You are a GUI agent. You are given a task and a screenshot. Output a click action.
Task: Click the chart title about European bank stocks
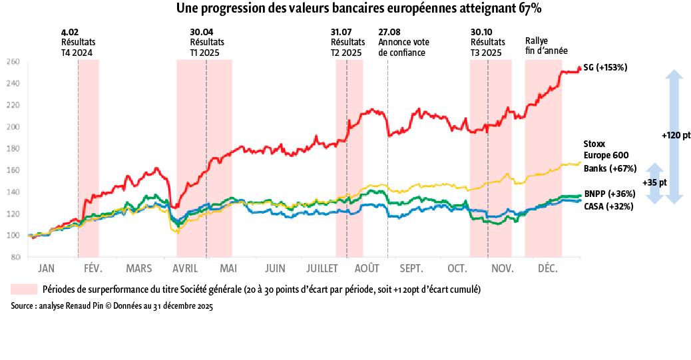point(358,9)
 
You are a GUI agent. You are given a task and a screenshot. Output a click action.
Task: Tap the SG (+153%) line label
point(605,68)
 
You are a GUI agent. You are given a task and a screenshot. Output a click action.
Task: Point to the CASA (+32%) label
point(608,207)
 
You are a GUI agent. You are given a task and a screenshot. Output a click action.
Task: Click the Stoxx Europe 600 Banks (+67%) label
point(610,156)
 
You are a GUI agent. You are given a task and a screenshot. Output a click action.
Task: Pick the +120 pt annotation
point(676,135)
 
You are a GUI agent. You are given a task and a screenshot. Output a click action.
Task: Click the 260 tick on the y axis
point(13,62)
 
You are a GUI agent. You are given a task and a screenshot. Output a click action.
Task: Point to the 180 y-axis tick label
point(13,148)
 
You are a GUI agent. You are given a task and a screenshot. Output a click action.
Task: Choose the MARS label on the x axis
point(138,269)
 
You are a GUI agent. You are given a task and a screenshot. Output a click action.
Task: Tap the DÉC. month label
point(547,269)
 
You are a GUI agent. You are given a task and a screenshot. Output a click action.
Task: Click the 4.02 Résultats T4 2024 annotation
point(78,42)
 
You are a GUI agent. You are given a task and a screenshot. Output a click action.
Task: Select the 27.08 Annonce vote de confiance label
point(401,42)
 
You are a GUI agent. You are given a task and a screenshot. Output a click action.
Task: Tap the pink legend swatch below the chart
point(24,289)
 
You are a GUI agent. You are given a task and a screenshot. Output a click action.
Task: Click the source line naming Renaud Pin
point(112,307)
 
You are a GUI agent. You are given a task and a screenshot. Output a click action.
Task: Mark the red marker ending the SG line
point(579,68)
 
